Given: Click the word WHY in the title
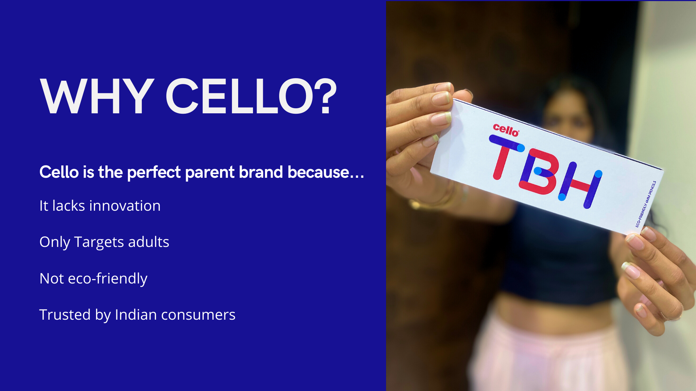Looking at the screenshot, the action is [97, 97].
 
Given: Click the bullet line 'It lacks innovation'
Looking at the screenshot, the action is [100, 206].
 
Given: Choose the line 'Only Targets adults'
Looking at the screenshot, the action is [104, 242].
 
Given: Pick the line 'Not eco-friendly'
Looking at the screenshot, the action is [93, 278].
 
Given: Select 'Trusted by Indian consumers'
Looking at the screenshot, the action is [137, 315].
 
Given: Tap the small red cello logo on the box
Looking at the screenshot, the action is [506, 130].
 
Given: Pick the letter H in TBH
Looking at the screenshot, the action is [580, 185].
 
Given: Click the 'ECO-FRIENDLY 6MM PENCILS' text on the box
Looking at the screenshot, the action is [646, 204].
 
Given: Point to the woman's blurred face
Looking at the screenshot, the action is [568, 114].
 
